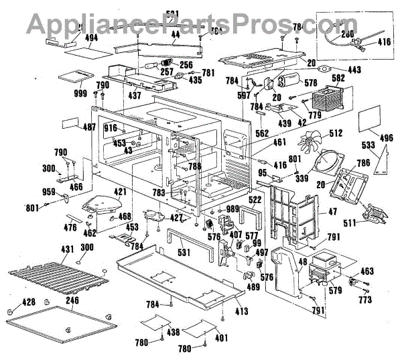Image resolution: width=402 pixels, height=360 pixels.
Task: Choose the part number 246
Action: tap(72, 300)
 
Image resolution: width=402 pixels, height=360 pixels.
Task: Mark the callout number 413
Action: tap(241, 310)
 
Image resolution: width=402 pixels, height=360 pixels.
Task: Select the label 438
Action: tap(174, 331)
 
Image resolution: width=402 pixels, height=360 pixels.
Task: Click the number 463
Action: tap(366, 272)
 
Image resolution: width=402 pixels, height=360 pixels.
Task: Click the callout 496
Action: tap(387, 138)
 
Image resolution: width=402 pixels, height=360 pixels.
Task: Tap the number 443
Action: tap(354, 69)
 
